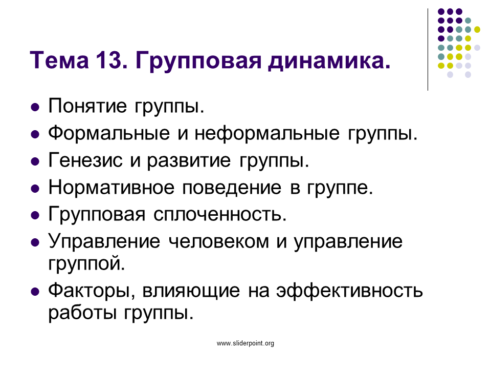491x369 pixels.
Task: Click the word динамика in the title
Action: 329,61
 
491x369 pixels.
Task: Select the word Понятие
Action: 87,106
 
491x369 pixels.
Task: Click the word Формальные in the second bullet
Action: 109,133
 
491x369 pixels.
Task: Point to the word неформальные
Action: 267,133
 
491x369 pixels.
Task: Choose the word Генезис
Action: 85,160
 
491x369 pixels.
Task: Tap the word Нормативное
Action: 111,188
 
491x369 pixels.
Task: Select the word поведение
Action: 232,188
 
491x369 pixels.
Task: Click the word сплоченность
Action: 220,215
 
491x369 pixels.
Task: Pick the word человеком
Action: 218,242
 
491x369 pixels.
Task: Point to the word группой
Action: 86,263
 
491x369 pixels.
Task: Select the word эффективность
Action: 349,291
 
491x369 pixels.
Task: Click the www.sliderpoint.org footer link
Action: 245,343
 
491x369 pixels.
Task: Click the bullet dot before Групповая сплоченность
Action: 35,216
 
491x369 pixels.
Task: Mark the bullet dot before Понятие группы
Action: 35,107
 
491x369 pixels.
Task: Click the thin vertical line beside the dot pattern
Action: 428,50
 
